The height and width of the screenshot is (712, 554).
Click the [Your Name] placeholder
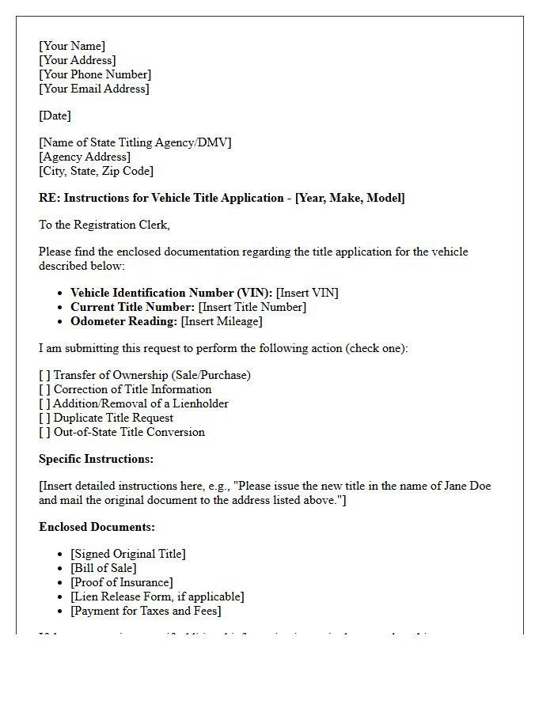point(72,46)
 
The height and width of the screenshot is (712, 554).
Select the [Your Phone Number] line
point(95,74)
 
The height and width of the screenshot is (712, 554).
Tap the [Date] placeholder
point(55,116)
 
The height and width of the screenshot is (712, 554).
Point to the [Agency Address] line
point(85,157)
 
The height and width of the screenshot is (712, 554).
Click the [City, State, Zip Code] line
point(96,171)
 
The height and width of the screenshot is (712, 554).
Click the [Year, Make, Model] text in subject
point(350,198)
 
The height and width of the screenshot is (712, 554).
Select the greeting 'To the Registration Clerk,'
point(104,225)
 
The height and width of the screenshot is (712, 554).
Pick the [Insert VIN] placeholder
point(307,293)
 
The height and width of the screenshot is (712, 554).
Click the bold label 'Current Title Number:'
point(132,307)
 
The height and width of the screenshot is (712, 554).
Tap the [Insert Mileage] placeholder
point(222,321)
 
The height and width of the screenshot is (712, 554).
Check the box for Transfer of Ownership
point(44,375)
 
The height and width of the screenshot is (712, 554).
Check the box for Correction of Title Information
point(44,389)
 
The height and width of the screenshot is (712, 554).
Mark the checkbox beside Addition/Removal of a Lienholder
point(44,403)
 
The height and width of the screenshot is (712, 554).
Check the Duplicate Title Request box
point(44,418)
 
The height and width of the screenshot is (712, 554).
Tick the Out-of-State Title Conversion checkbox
point(44,432)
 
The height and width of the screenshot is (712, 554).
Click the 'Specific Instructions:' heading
point(96,459)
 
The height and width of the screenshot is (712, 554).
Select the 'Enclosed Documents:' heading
point(97,527)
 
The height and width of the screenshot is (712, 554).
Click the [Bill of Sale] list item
point(103,568)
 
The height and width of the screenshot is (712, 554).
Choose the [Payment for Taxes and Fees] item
point(146,611)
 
